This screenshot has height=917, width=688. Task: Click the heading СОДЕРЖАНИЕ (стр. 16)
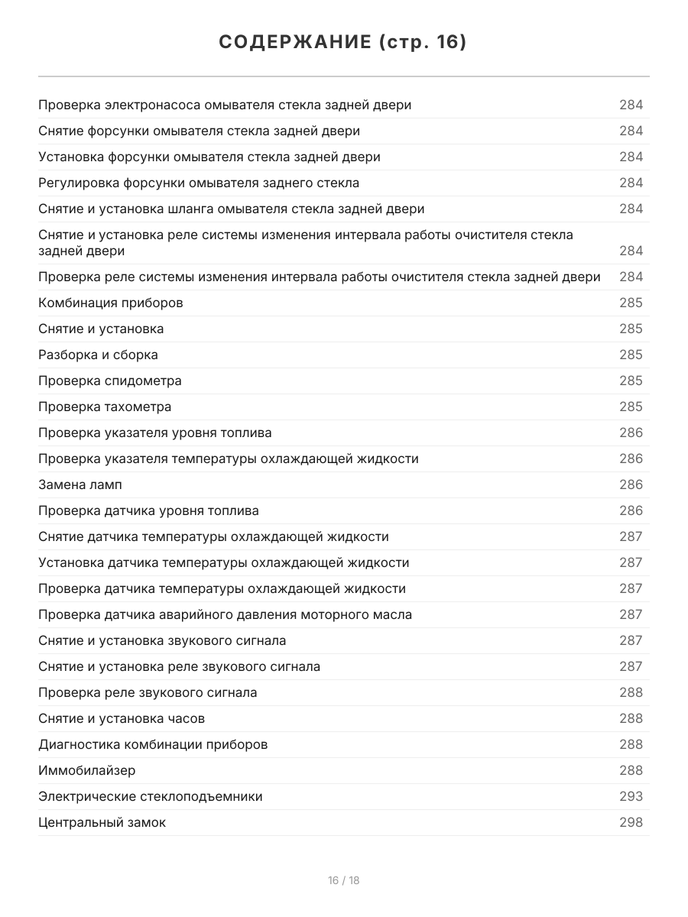[343, 43]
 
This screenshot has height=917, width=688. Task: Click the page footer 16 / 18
[343, 880]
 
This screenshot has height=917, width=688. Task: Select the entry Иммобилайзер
[87, 770]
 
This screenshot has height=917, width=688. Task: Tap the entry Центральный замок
[102, 822]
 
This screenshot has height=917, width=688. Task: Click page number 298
[631, 822]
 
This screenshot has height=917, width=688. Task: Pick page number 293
[631, 796]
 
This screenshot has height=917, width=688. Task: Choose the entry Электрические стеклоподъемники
[151, 796]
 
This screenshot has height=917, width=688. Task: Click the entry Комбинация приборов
[111, 303]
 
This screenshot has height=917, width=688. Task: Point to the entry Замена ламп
[80, 484]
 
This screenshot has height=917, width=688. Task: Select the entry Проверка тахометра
[105, 407]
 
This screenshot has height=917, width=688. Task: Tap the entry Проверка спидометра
[110, 381]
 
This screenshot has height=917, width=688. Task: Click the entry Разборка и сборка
[98, 355]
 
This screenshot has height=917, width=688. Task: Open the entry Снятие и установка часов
[122, 718]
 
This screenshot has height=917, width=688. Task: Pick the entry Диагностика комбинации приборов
[153, 744]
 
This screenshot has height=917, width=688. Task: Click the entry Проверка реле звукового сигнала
[148, 692]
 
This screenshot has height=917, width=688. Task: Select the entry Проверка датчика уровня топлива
[148, 510]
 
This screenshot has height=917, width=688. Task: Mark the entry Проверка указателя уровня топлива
[155, 433]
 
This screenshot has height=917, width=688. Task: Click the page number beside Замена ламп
[631, 484]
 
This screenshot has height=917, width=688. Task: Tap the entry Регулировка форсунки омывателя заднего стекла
[199, 183]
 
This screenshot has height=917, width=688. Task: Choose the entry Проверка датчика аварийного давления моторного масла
[225, 614]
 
